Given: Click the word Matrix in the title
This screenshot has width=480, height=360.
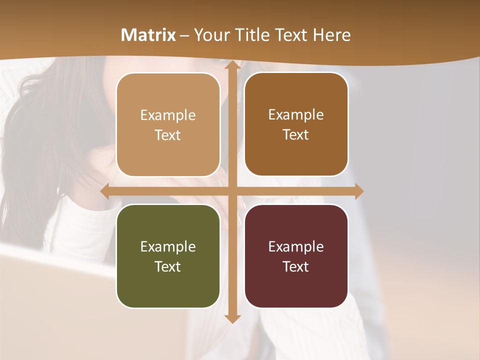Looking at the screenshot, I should [x=148, y=35].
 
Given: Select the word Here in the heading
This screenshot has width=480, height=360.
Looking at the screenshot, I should [x=332, y=35].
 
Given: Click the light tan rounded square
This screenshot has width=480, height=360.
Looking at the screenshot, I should [x=168, y=125].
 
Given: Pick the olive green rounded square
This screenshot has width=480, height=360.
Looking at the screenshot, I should [x=168, y=256].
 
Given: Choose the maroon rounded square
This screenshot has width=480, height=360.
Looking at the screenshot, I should [x=296, y=256].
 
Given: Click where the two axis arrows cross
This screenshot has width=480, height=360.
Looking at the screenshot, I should [x=232, y=191].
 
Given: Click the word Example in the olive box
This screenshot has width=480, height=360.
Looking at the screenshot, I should [x=168, y=246].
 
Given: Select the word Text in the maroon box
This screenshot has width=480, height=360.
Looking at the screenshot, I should [x=296, y=266].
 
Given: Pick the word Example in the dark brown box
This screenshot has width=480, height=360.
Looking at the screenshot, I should [x=296, y=114].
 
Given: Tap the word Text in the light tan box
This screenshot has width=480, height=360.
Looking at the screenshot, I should [x=168, y=135].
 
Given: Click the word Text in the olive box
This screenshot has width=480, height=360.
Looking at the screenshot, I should [x=168, y=266].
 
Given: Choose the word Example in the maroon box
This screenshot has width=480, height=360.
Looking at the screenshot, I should [x=296, y=246].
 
